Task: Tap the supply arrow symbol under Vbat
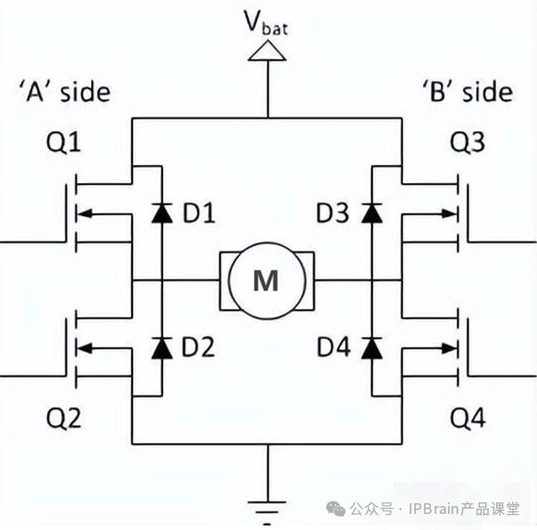pos(267,54)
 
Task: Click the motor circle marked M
pos(266,281)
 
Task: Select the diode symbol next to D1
pos(161,212)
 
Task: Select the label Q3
pos(468,145)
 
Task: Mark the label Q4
pos(468,418)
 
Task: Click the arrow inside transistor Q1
pos(99,212)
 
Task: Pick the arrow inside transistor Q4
pos(435,348)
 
